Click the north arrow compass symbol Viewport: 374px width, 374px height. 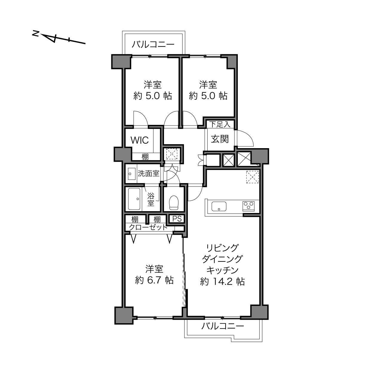click(x=59, y=39)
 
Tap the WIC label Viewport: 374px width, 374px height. click(x=140, y=140)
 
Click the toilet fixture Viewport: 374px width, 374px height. click(x=174, y=203)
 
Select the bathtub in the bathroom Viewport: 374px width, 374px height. click(x=134, y=199)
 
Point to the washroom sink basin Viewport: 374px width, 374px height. click(x=132, y=174)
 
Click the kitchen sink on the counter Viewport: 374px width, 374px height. click(x=219, y=206)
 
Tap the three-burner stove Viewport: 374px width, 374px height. click(x=249, y=206)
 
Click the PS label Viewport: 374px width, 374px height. click(x=177, y=219)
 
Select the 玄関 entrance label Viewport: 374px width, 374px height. click(x=220, y=139)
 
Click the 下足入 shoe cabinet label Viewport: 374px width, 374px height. click(x=220, y=124)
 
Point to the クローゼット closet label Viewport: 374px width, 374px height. click(x=148, y=227)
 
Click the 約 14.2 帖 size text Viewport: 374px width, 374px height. click(x=223, y=282)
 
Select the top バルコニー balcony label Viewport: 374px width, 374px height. click(x=153, y=45)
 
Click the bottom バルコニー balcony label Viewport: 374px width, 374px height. click(x=223, y=326)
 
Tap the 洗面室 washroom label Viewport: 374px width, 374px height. click(x=148, y=174)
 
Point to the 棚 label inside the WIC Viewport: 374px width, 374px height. click(x=145, y=157)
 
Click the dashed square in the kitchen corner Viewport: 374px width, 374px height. click(x=252, y=177)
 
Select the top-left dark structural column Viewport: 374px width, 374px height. click(x=120, y=62)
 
